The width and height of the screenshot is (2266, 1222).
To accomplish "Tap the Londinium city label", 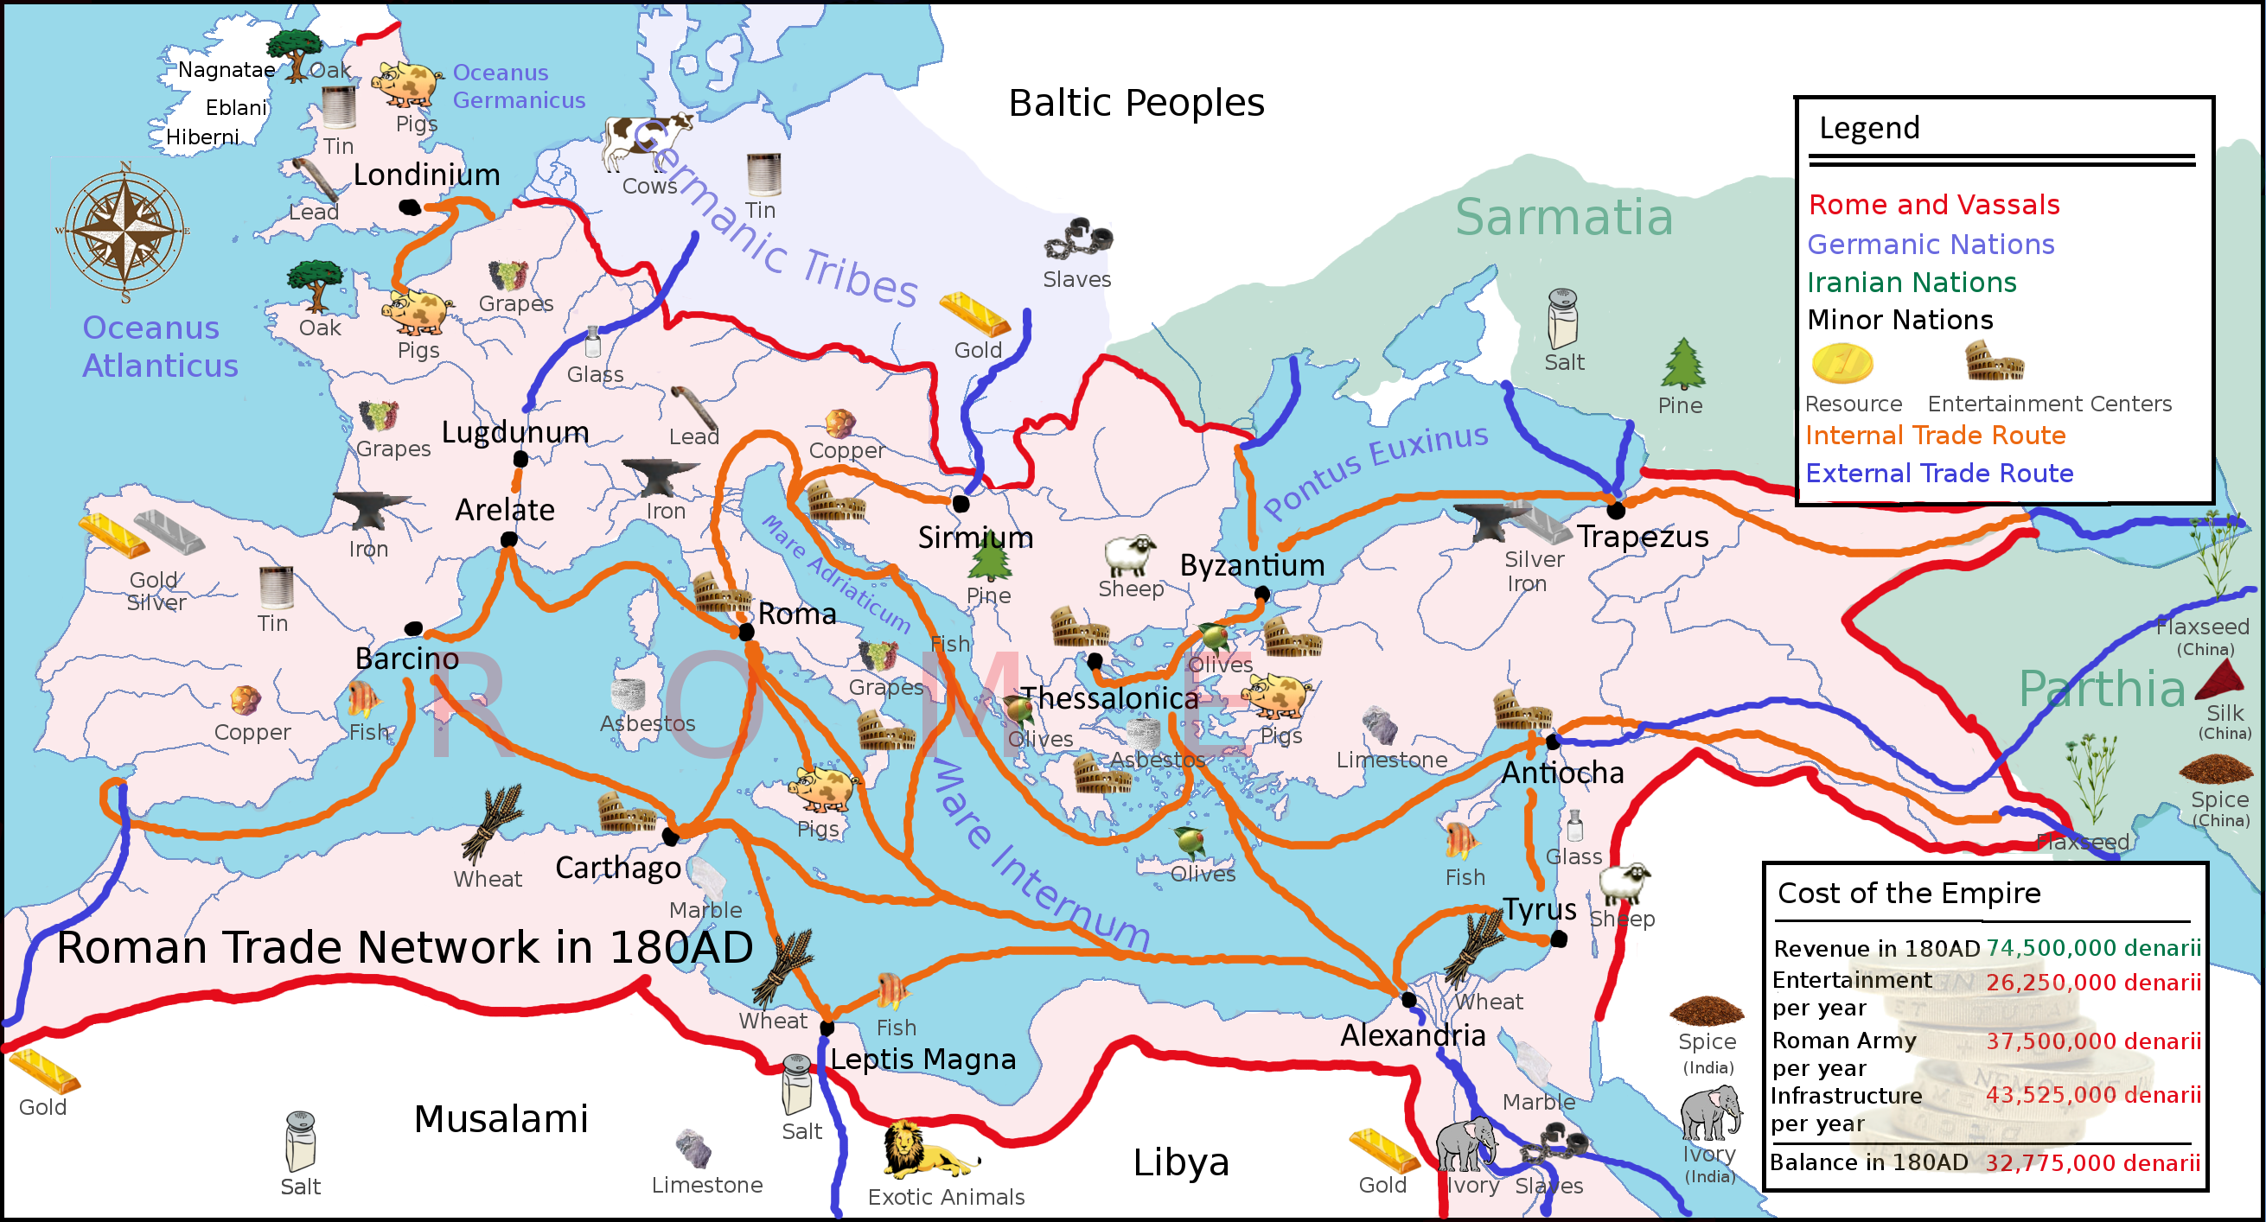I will pos(426,175).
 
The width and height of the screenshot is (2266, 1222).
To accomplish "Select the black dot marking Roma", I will pos(746,632).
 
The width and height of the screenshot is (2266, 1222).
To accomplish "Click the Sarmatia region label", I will pos(1563,217).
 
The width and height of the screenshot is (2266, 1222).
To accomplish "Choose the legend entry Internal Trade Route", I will pos(1935,436).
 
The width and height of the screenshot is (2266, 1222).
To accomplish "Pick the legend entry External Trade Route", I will pos(1939,474).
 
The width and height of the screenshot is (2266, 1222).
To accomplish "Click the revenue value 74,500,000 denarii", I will pos(2093,948).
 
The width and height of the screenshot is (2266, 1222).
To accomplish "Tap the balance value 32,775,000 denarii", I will pos(2092,1162).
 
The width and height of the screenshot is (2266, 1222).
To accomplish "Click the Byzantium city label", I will pos(1252,565).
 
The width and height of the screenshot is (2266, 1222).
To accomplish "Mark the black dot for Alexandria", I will pos(1408,1000).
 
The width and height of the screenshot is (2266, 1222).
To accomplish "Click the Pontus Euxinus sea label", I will pos(1375,469).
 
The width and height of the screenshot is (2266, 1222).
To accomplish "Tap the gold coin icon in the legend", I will pos(1842,363).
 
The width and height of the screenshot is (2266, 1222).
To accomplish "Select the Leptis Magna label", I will pos(922,1060).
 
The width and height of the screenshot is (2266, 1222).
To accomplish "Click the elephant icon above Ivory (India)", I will pos(1710,1113).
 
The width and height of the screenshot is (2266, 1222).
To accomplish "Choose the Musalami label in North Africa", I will pos(501,1119).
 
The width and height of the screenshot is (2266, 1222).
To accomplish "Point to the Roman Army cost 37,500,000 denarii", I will pos(2093,1041).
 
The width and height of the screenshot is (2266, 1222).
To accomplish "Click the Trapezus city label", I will pos(1643,537).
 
